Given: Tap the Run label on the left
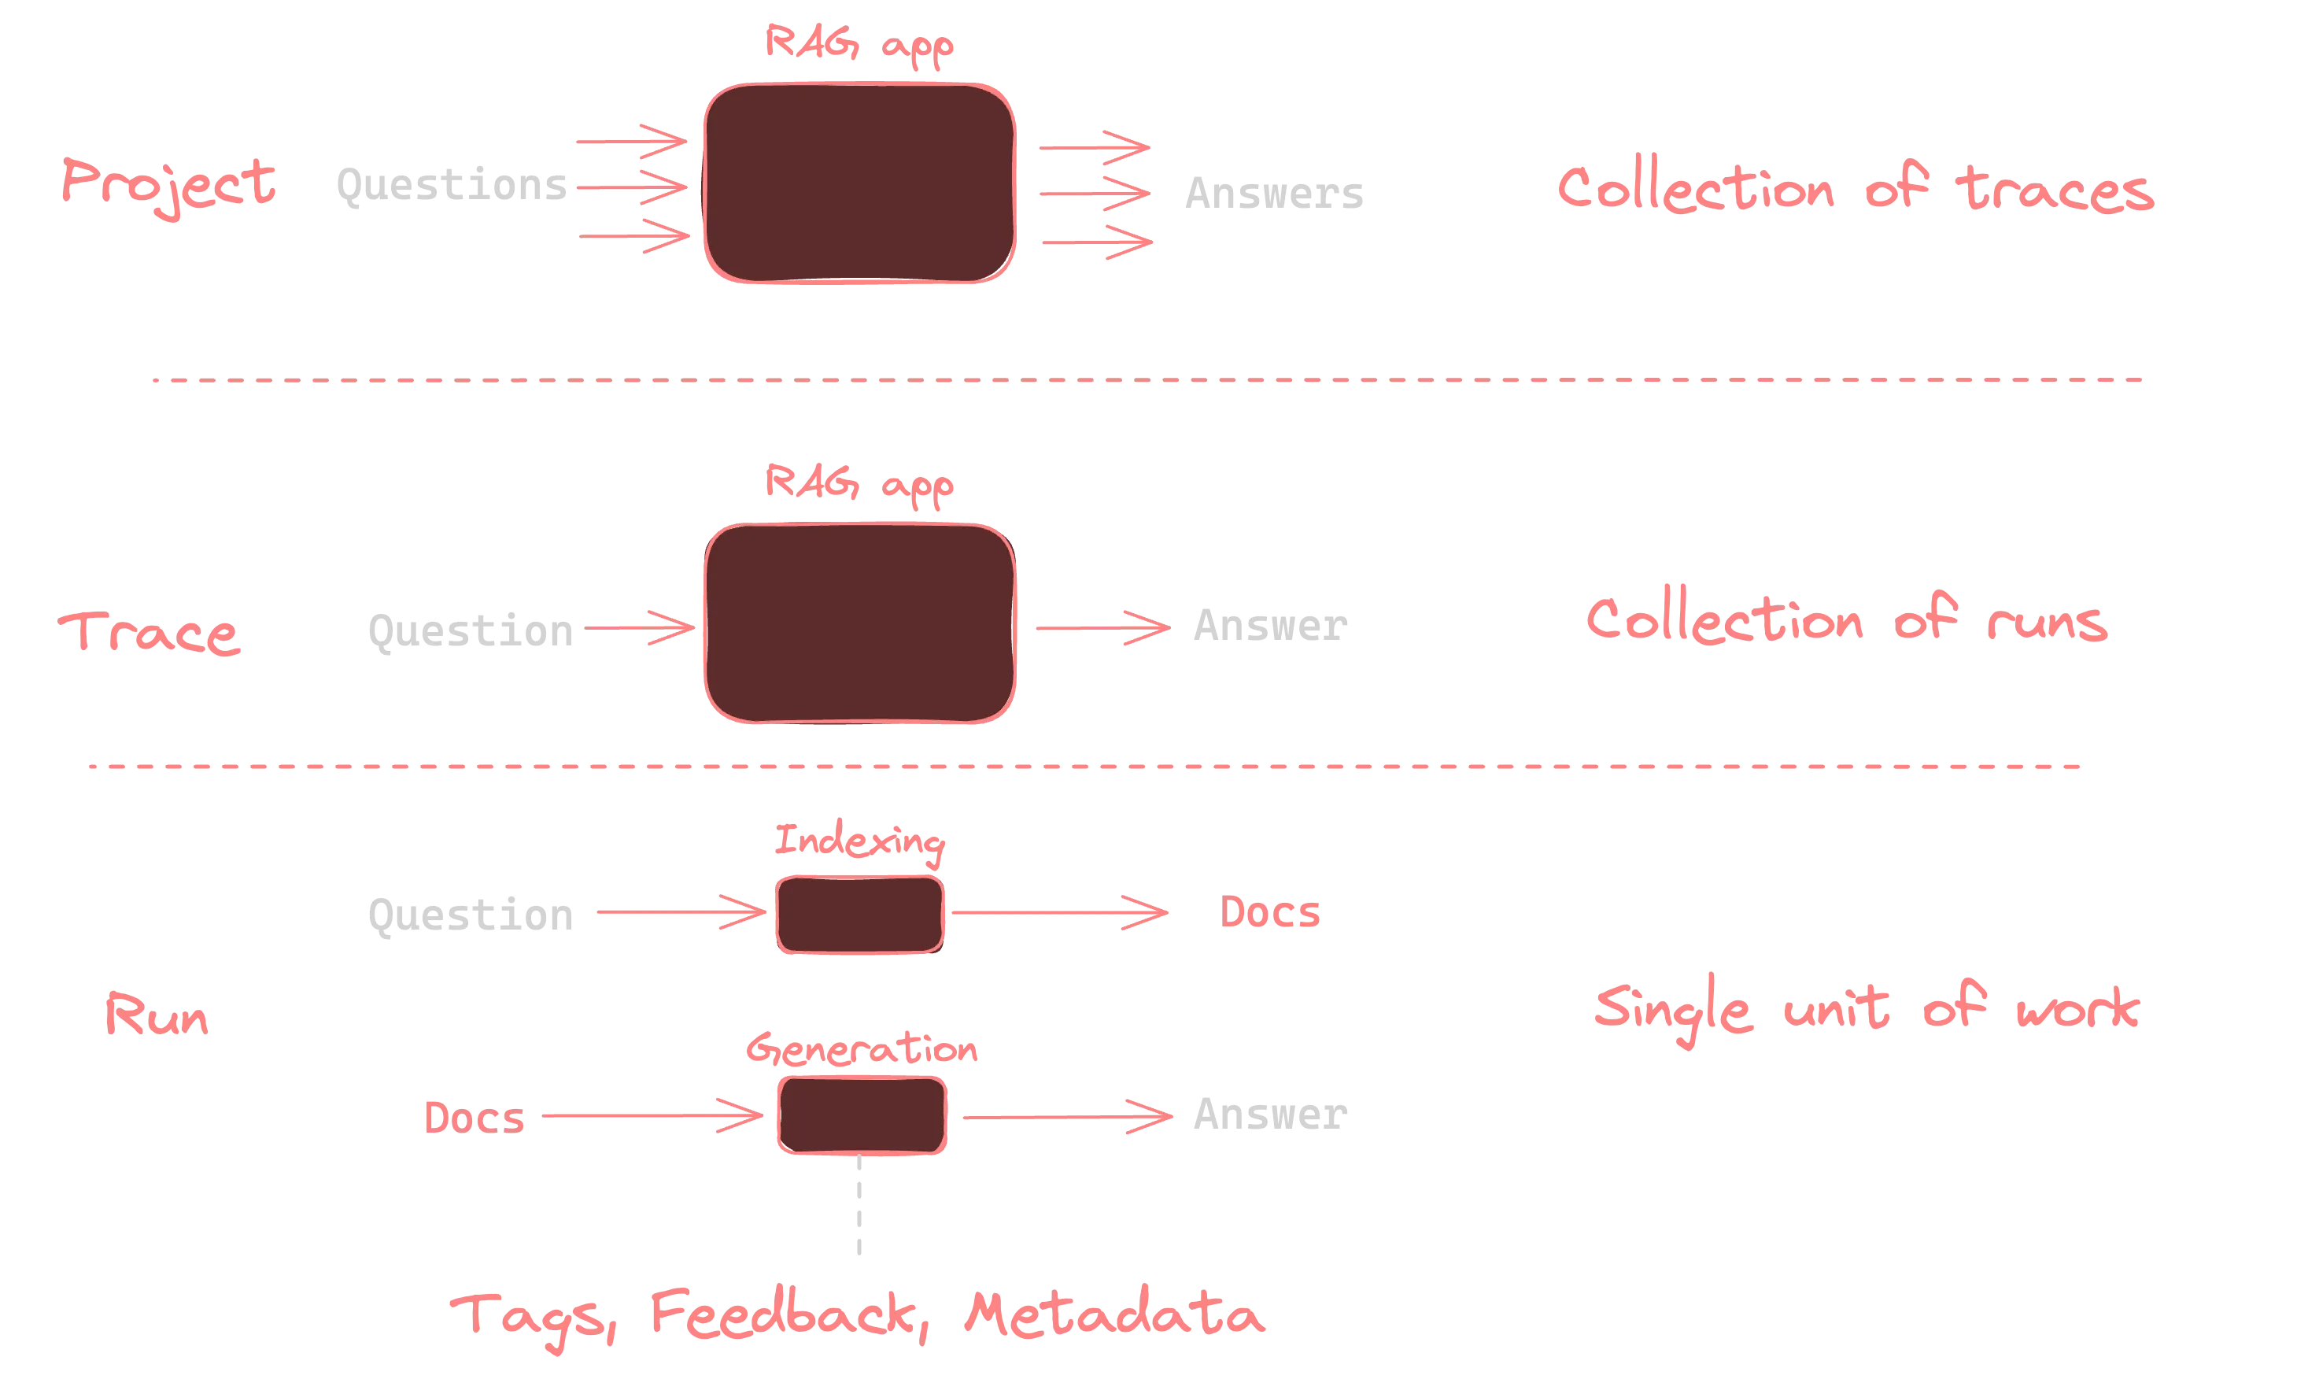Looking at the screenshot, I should [x=157, y=1015].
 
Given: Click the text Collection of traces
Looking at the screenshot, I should [x=1855, y=189].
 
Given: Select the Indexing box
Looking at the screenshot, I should [x=860, y=915].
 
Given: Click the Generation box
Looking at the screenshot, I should [x=862, y=1115].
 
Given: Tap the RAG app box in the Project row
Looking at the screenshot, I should [x=860, y=183].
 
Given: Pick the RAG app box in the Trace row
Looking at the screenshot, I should [x=860, y=623].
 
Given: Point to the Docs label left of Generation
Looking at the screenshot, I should [x=475, y=1116].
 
